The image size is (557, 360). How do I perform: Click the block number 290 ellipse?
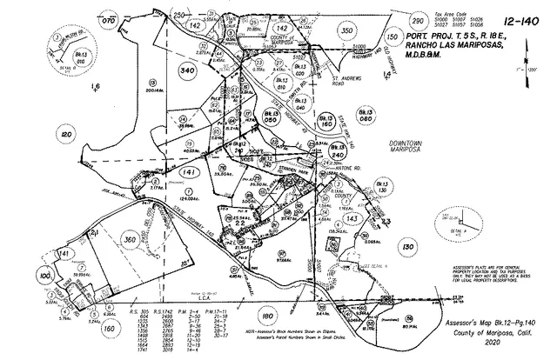tap(417, 19)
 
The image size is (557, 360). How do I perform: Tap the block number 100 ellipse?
tap(45, 276)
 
